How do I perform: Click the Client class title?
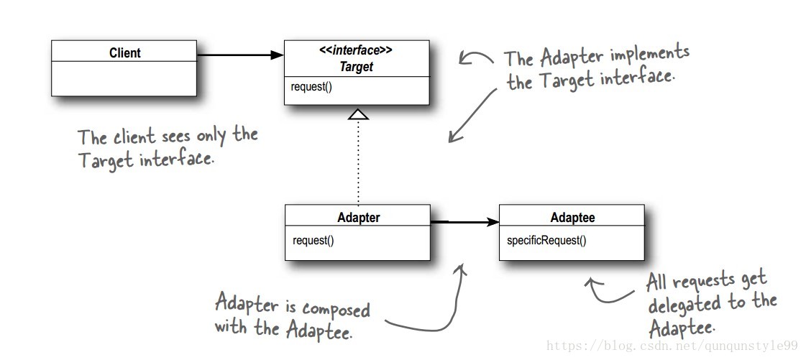124,52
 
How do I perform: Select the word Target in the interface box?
357,67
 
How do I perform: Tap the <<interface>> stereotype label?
356,51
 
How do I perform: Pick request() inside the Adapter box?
313,240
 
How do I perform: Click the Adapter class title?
358,217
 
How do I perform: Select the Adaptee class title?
572,217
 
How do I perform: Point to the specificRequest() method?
542,240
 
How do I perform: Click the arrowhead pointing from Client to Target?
278,55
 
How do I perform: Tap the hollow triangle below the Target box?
358,113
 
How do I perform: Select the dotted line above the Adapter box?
358,162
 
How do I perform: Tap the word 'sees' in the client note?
169,136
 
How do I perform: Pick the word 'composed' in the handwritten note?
336,309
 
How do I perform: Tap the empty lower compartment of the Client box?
124,78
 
